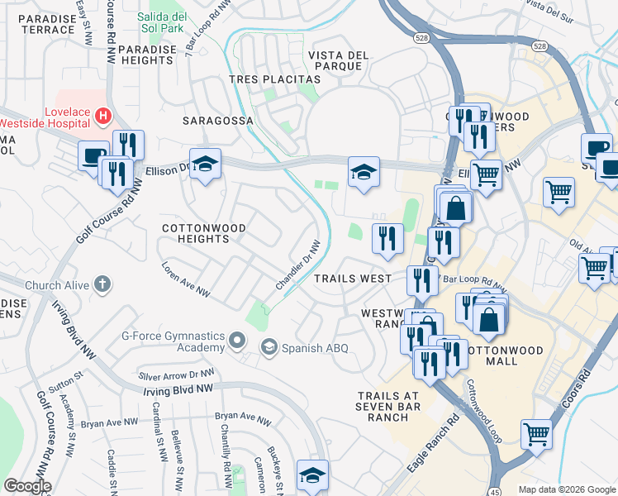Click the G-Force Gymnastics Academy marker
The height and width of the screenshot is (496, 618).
pyautogui.click(x=237, y=341)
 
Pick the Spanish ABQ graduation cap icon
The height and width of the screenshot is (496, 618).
pyautogui.click(x=269, y=347)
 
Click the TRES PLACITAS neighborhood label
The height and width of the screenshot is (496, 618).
pyautogui.click(x=273, y=79)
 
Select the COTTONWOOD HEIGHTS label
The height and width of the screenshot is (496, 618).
pyautogui.click(x=195, y=233)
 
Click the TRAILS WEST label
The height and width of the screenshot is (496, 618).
pyautogui.click(x=353, y=279)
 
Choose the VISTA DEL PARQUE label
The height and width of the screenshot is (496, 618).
pyautogui.click(x=337, y=62)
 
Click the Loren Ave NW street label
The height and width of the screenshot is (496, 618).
pyautogui.click(x=186, y=281)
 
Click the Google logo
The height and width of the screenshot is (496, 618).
pyautogui.click(x=27, y=486)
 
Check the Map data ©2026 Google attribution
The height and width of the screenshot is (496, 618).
pyautogui.click(x=567, y=489)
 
